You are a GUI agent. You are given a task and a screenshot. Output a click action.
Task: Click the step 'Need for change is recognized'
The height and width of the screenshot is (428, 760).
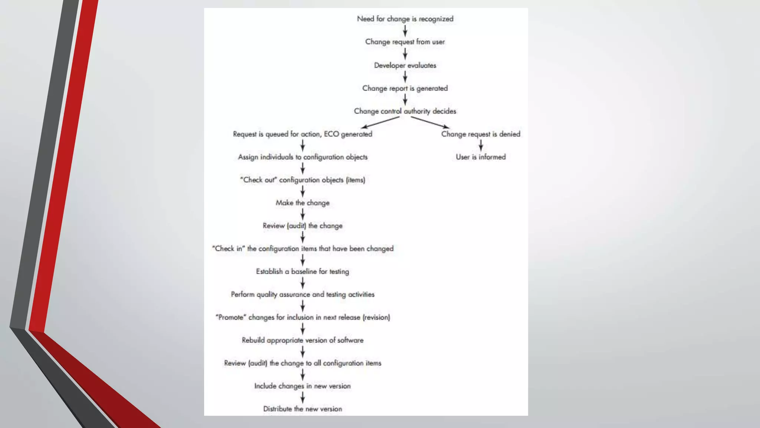pos(405,19)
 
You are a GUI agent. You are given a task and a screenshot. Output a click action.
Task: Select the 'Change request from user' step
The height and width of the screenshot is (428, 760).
pos(405,42)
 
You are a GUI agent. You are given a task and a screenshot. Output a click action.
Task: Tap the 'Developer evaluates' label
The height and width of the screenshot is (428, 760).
pos(405,65)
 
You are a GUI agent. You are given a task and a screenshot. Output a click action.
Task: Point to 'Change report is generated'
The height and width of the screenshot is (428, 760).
pos(405,88)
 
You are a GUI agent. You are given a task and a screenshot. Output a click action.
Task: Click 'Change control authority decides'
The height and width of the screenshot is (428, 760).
pos(405,111)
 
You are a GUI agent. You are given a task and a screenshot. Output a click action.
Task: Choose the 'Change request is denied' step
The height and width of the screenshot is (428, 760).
pos(481,134)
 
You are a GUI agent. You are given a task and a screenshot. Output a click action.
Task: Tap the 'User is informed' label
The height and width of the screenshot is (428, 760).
pos(481,157)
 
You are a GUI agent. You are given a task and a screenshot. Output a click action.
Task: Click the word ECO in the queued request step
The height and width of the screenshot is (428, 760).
pos(331,134)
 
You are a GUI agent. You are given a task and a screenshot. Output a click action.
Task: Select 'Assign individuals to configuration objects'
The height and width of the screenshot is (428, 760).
pos(303,157)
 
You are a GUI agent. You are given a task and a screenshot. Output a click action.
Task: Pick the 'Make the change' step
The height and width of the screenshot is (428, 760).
pos(302,203)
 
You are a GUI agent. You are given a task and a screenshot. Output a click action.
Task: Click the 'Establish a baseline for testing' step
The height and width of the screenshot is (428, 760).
pos(302,272)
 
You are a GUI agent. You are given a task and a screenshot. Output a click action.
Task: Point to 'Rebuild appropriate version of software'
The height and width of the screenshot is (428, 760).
pos(302,340)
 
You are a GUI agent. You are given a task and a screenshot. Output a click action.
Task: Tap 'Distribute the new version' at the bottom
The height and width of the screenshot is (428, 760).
pos(302,409)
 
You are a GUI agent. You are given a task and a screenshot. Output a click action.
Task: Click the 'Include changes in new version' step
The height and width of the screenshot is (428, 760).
pos(302,386)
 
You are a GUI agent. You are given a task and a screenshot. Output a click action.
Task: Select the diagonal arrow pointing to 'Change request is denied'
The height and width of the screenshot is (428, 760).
pos(429,122)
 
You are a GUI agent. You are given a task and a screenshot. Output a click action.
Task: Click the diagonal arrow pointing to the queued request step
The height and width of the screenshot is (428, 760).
pos(380,122)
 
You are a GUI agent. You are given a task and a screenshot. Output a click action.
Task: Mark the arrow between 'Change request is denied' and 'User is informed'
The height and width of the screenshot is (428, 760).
pos(481,145)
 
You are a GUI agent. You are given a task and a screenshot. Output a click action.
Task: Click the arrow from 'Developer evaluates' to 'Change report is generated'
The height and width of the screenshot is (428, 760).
pos(405,77)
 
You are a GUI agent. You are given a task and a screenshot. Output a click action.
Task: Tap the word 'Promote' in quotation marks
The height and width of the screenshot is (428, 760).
pos(230,317)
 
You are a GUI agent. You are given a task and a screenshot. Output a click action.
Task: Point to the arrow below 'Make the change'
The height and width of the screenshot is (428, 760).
pos(303,214)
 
